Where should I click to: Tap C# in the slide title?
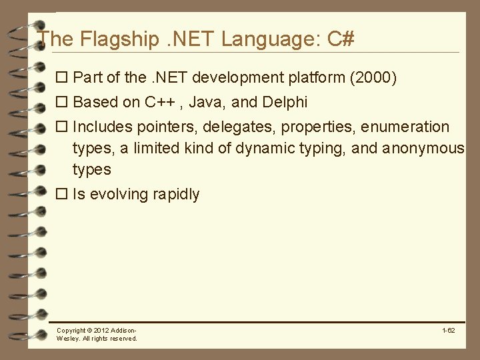click(x=341, y=39)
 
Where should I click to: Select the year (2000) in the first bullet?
click(x=373, y=78)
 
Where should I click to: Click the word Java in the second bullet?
click(x=206, y=103)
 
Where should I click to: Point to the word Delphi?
click(x=285, y=103)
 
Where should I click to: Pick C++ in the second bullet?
click(x=159, y=103)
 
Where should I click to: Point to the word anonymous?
click(x=423, y=148)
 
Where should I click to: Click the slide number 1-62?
click(x=448, y=331)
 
